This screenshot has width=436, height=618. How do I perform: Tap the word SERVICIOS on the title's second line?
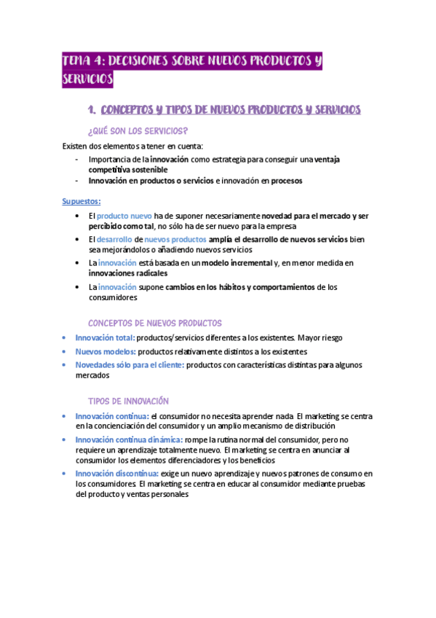click(88, 79)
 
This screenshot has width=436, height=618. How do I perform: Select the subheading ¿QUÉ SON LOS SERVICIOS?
click(137, 131)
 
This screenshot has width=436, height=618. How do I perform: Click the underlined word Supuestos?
click(81, 201)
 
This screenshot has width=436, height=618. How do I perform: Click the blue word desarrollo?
click(114, 239)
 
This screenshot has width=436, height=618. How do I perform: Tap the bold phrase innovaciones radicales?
click(127, 273)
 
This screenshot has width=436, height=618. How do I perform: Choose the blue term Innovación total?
click(105, 338)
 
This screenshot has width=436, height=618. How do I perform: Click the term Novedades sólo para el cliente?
click(130, 364)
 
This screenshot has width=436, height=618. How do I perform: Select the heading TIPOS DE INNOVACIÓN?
click(128, 401)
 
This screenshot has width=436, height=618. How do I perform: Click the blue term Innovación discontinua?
click(116, 474)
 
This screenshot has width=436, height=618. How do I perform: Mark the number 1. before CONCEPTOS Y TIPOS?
click(91, 110)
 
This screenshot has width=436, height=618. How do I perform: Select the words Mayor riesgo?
click(320, 338)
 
